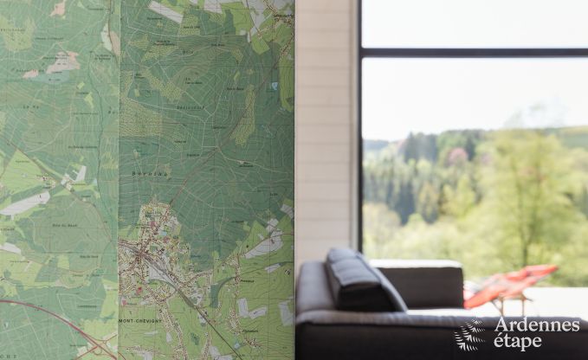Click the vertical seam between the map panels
[x=119, y=173]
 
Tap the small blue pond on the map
[x=274, y=86]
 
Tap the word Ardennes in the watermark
[x=536, y=325]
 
